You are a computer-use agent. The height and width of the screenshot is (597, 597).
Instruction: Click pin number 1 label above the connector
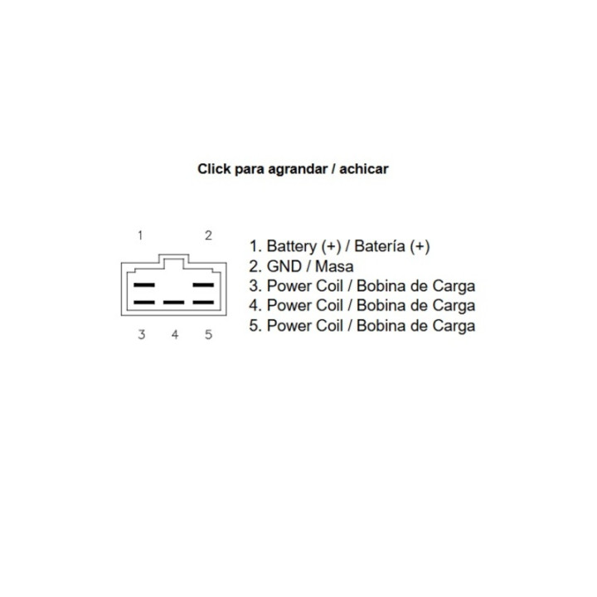tap(140, 235)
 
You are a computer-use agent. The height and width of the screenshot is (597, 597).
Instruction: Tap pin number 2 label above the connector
tap(208, 235)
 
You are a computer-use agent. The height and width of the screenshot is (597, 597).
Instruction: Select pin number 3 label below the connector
tap(141, 334)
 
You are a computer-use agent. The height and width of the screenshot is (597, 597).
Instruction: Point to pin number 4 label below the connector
tap(175, 334)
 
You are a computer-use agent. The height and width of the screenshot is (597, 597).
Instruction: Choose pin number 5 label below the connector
tap(208, 334)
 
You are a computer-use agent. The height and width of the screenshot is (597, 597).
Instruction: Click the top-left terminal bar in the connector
tap(144, 284)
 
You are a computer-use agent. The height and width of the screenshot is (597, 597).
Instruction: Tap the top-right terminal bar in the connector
tap(203, 284)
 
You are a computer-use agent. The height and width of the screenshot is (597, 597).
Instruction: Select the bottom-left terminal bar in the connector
tap(144, 303)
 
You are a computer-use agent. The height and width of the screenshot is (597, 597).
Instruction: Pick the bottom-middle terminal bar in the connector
tap(173, 303)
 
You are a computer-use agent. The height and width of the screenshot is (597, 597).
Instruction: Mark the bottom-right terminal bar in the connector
tap(203, 303)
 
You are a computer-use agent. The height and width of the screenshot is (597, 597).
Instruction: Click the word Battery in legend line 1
tap(291, 246)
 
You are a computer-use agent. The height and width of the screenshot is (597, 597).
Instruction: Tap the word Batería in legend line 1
tap(380, 246)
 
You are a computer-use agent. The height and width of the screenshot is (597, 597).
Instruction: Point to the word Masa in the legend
tap(334, 266)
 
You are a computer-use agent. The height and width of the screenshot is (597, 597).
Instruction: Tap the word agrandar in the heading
tap(298, 169)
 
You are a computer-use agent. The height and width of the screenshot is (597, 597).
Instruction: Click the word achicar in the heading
tap(364, 168)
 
